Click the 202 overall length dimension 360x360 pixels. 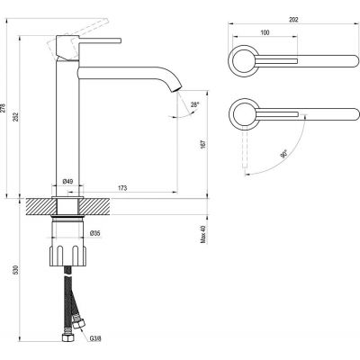(293, 20)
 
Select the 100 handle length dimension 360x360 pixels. (265, 32)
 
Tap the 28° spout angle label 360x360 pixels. (194, 104)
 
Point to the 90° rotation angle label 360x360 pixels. (283, 154)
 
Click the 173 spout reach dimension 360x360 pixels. (122, 188)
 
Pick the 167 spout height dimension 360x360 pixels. (203, 144)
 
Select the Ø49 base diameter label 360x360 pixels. (67, 182)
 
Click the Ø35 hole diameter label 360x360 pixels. (95, 233)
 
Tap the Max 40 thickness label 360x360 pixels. (203, 234)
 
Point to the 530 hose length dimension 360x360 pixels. (17, 270)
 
